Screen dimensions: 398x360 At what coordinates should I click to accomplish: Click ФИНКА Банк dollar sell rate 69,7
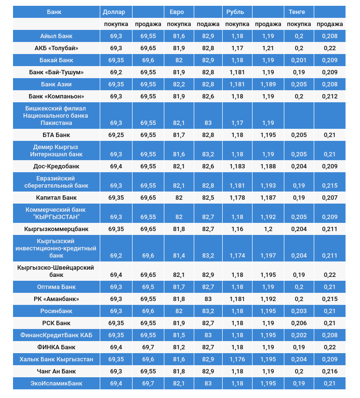pyautogui.click(x=148, y=347)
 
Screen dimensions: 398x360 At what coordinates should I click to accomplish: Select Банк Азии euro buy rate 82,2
pyautogui.click(x=179, y=84)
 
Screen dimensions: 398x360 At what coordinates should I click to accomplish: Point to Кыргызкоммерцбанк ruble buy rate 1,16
pyautogui.click(x=237, y=229)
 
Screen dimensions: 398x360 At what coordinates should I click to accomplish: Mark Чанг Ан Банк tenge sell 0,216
pyautogui.click(x=330, y=371)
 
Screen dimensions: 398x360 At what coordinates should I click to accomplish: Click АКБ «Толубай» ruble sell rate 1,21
pyautogui.click(x=268, y=48)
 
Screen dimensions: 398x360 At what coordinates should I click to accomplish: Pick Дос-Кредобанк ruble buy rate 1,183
pyautogui.click(x=237, y=166)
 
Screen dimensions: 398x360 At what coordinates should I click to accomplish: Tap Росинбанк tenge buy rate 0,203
pyautogui.click(x=299, y=311)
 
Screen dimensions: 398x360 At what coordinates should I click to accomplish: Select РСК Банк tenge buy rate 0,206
pyautogui.click(x=299, y=323)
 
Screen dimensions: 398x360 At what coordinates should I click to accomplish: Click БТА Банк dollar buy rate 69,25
pyautogui.click(x=116, y=135)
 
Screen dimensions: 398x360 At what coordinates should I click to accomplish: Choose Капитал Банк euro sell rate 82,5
pyautogui.click(x=208, y=198)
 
